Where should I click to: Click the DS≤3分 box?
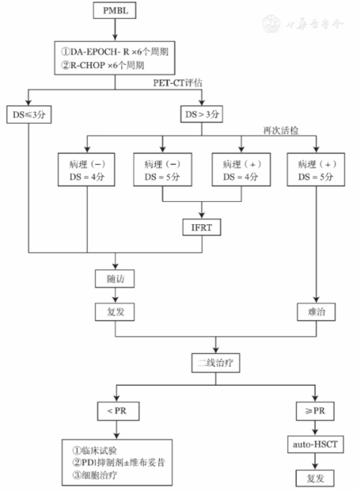click(x=28, y=115)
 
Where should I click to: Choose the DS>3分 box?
click(x=202, y=115)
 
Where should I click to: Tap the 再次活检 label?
click(x=280, y=131)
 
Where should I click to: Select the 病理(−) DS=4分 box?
click(x=86, y=170)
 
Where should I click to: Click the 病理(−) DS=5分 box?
click(x=163, y=170)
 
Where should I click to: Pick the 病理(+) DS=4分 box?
click(x=241, y=170)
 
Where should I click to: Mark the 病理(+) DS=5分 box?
click(x=316, y=170)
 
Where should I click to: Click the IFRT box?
click(x=202, y=227)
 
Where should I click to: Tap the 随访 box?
click(x=114, y=279)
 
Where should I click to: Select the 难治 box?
click(x=316, y=311)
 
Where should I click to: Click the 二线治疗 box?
click(x=215, y=362)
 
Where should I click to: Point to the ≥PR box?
click(x=316, y=412)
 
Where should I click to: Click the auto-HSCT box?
click(x=316, y=445)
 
